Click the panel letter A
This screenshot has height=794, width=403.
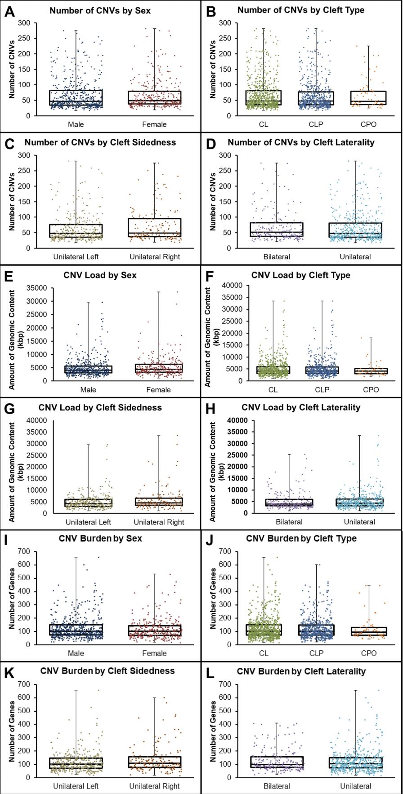(9, 11)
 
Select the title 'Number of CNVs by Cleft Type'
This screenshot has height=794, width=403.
(301, 10)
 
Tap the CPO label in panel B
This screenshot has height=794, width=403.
(369, 124)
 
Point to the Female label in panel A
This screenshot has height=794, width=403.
(154, 124)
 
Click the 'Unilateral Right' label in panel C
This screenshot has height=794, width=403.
(155, 257)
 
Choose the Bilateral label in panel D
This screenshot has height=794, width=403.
(277, 257)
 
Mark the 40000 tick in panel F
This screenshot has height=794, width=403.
(233, 285)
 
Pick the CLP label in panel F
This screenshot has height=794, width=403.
(322, 389)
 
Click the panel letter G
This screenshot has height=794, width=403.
(9, 409)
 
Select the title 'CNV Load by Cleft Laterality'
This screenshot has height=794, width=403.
(301, 407)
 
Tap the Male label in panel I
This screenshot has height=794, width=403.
(76, 653)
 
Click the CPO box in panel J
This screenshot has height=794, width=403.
(369, 631)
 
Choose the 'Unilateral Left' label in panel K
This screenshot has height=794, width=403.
(76, 786)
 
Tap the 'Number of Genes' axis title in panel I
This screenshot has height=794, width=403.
(12, 598)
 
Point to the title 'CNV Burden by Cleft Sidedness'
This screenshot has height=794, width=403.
(107, 671)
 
